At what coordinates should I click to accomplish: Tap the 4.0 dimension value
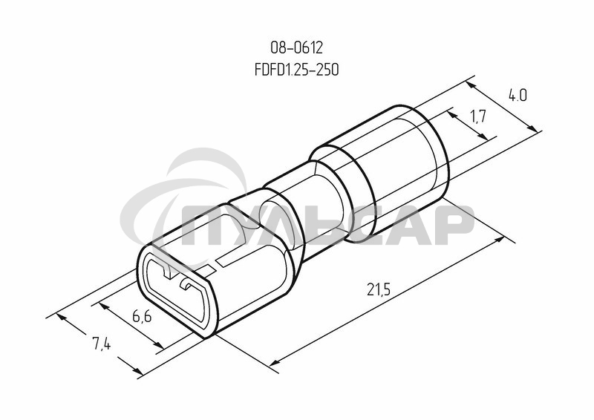[x=518, y=96]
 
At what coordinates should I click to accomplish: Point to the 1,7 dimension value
[x=478, y=116]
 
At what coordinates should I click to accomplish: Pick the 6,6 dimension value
[x=143, y=318]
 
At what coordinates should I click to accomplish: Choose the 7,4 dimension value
[x=102, y=343]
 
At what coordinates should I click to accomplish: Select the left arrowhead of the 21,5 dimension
[x=274, y=363]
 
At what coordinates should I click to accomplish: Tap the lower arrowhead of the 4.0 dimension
[x=536, y=131]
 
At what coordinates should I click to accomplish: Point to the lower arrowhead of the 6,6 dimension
[x=160, y=345]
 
